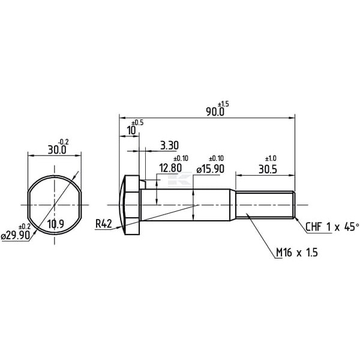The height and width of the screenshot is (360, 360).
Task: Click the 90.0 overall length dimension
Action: (x=215, y=112)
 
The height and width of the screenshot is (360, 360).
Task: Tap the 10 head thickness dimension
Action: (x=131, y=131)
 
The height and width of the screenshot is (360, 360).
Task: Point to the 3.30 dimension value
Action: (x=169, y=145)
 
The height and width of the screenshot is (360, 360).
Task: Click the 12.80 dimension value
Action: (x=170, y=168)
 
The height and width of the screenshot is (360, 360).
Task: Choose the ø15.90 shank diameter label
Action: (x=211, y=169)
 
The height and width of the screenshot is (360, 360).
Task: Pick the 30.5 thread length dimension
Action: (x=268, y=169)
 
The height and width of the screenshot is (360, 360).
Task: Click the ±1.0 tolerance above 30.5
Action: (x=271, y=158)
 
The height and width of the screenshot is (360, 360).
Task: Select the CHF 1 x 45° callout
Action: (x=332, y=227)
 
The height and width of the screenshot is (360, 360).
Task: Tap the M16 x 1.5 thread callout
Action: (x=297, y=253)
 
